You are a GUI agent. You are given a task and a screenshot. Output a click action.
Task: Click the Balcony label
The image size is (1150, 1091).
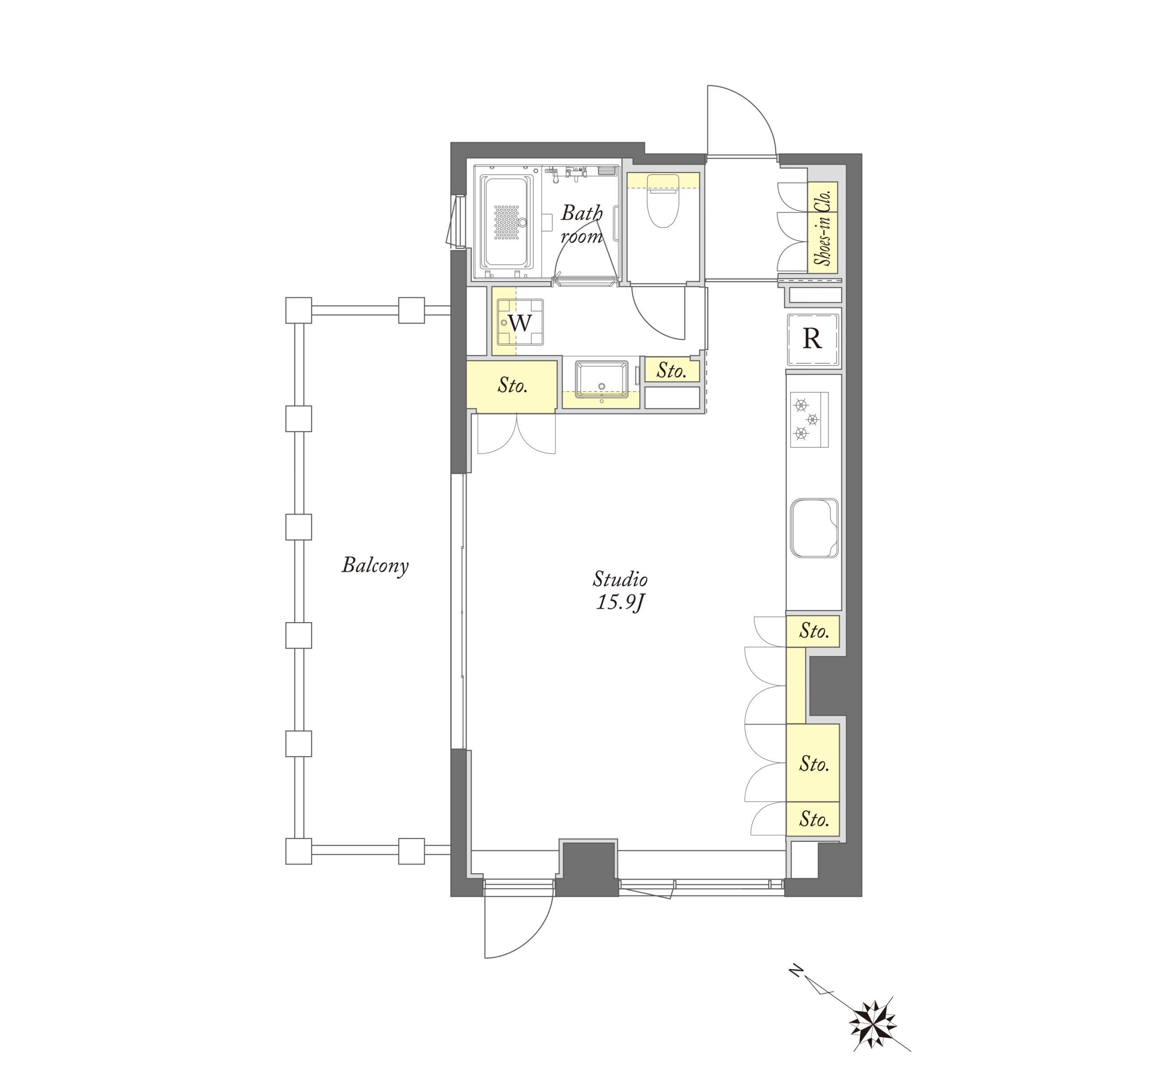pos(375,565)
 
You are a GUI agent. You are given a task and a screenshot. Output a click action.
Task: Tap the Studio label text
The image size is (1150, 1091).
pos(620,579)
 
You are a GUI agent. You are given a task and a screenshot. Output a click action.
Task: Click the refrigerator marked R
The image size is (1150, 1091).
pos(813,339)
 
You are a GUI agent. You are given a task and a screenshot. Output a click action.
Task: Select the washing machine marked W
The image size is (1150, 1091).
pos(519,323)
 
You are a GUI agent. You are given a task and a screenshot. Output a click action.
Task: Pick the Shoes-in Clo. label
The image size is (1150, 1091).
pos(823,229)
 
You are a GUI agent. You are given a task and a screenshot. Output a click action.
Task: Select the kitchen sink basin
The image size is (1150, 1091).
pos(814,527)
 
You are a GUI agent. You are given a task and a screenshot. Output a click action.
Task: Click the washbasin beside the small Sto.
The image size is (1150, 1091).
pos(602,380)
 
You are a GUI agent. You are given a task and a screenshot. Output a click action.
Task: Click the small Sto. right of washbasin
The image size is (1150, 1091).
pos(671,371)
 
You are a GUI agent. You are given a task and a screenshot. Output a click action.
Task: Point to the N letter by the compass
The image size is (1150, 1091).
pos(796,970)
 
